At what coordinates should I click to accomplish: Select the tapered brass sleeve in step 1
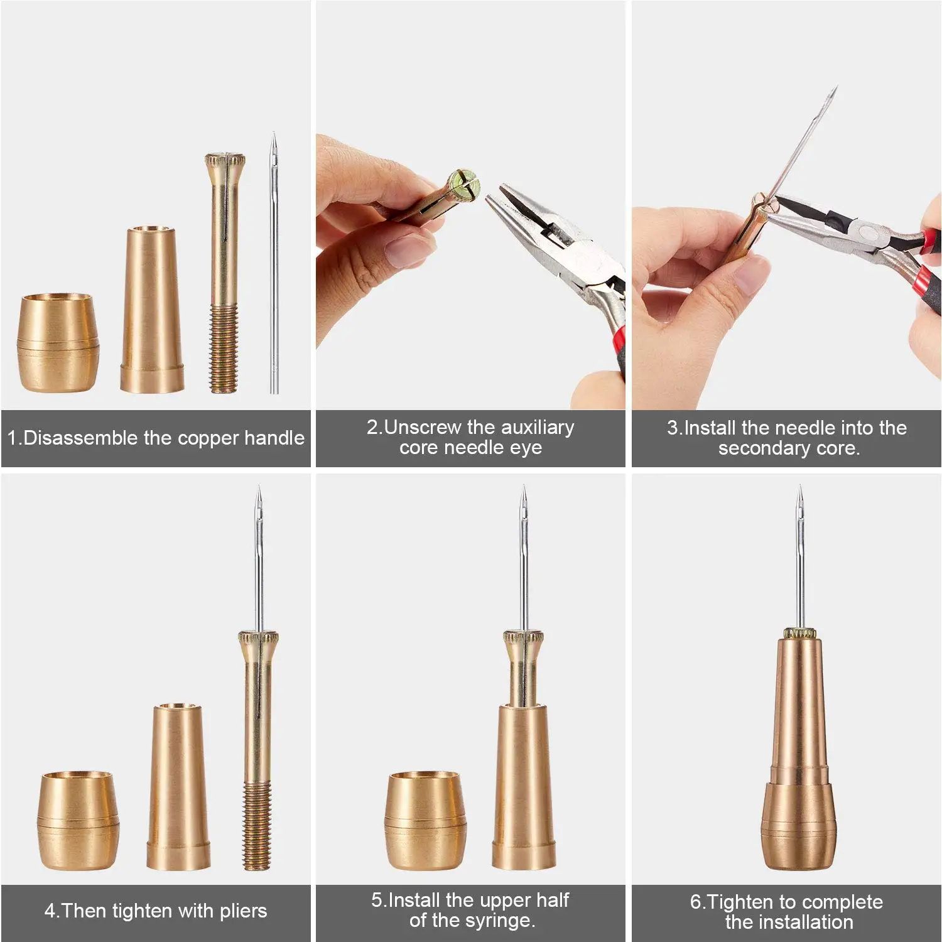tap(152, 311)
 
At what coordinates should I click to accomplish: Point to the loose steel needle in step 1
tap(274, 264)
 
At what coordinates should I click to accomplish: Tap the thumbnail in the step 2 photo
tap(403, 251)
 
